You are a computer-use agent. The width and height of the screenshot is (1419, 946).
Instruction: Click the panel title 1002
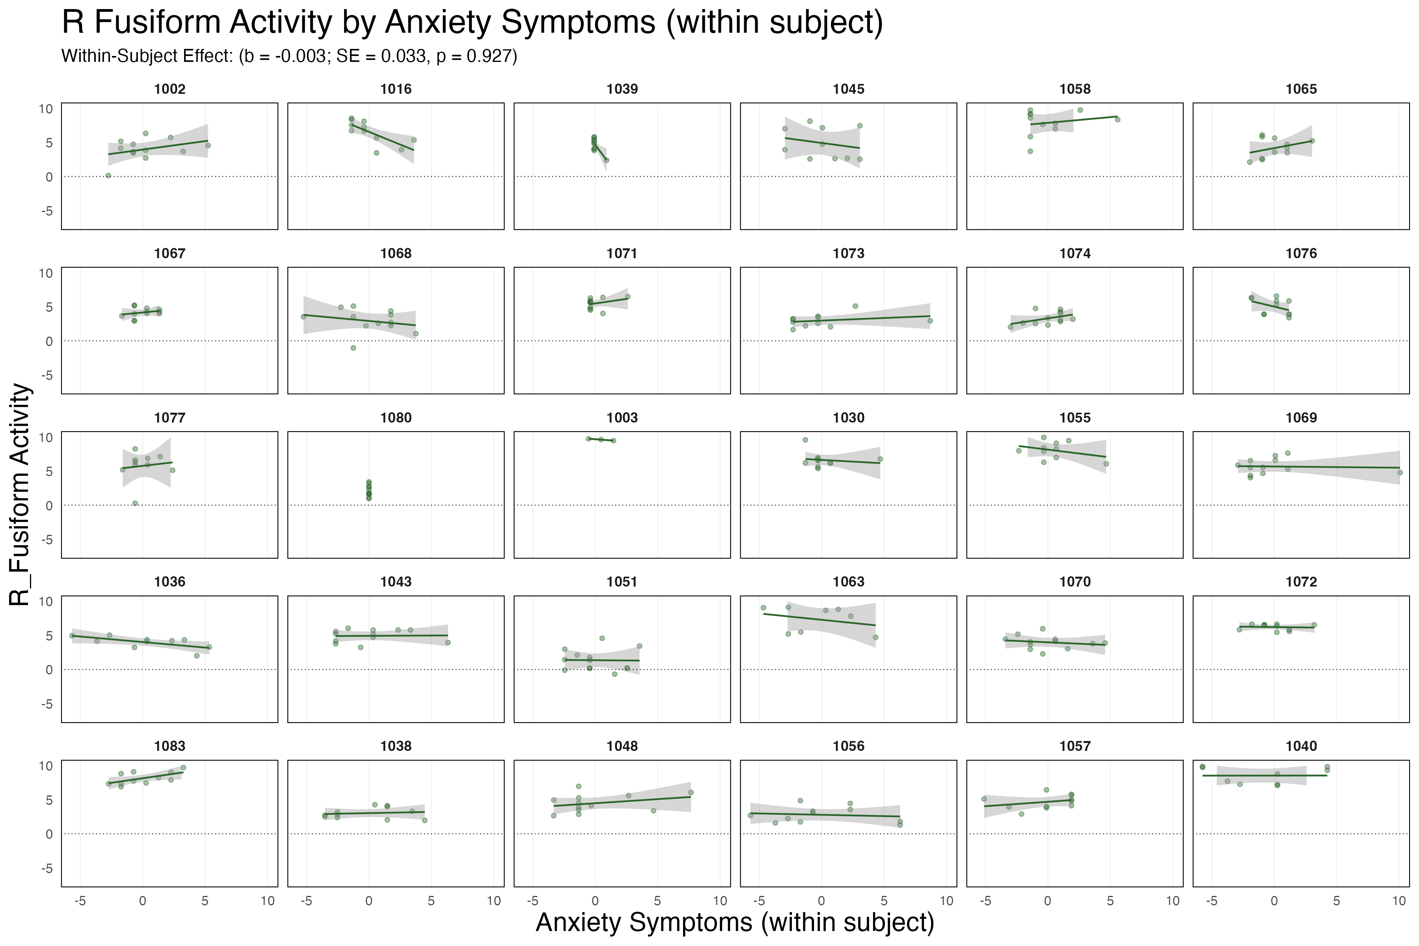coord(169,89)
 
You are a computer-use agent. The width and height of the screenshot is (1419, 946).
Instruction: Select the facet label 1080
coord(396,417)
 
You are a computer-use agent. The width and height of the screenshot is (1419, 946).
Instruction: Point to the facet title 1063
coord(848,582)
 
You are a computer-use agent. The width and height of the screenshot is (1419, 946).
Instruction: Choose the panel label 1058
coord(1074,89)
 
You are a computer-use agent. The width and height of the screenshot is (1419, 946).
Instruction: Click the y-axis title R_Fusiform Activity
coord(20,495)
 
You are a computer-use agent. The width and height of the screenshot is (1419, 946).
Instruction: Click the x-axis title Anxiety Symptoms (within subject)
coord(734,922)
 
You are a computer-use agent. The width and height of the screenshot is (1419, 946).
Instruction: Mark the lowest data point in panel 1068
coord(354,348)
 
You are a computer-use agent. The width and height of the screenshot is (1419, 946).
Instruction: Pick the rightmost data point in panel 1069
coord(1400,472)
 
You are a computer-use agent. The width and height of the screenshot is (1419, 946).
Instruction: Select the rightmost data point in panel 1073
coord(930,321)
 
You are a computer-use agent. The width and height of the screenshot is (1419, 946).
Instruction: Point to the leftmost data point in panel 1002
coord(108,175)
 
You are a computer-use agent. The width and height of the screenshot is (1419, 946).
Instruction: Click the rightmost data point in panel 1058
coord(1117,119)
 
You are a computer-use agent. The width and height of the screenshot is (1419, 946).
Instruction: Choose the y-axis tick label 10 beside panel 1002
coord(46,109)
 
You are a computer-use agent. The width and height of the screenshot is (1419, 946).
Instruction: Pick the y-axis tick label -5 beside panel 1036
coord(46,704)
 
